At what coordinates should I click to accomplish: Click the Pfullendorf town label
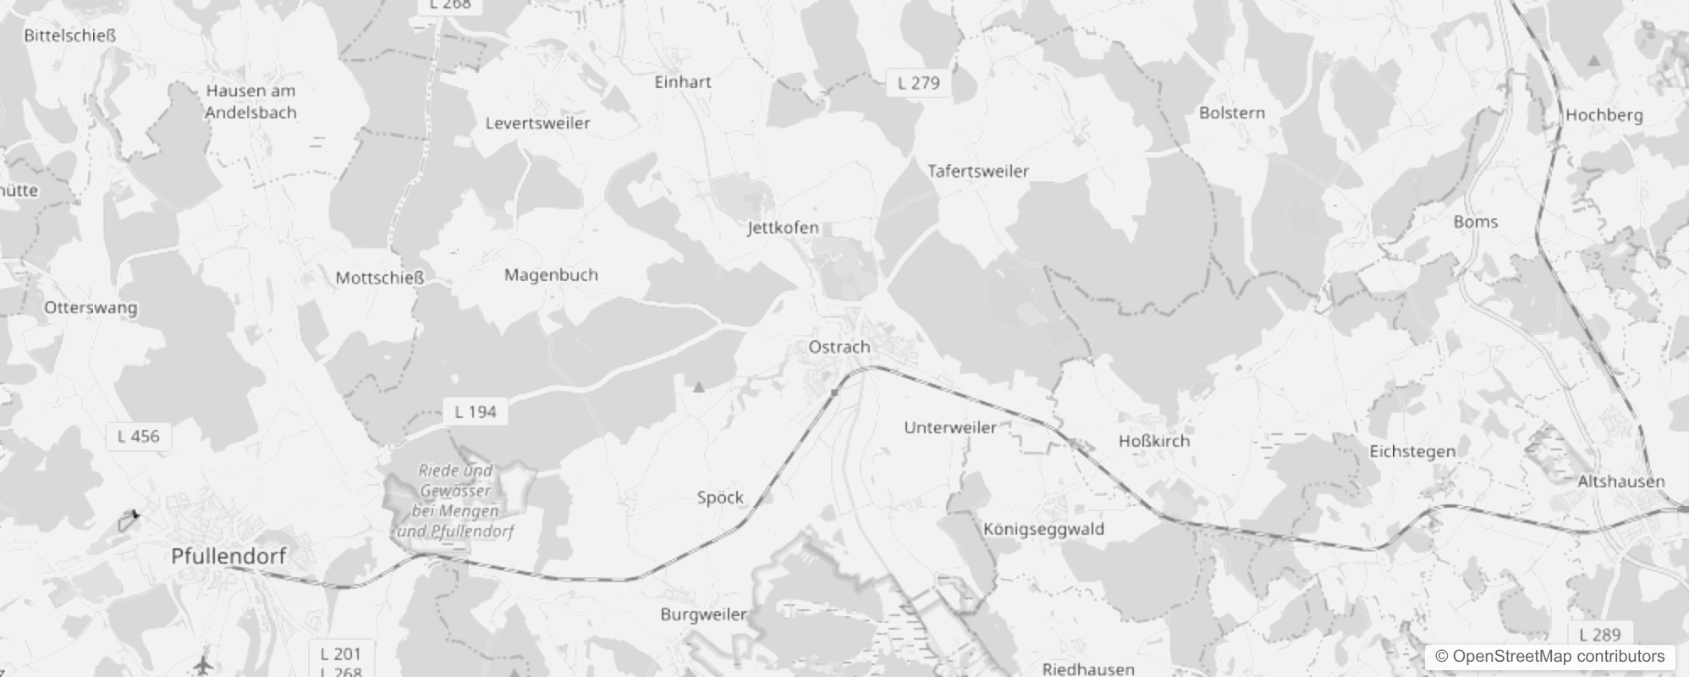tap(228, 556)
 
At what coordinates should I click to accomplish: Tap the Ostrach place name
tap(839, 347)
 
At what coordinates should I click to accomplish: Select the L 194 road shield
tap(475, 412)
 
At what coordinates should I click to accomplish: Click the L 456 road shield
tap(138, 437)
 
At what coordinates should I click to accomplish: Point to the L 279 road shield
tap(918, 83)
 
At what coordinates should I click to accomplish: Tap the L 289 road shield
tap(1599, 635)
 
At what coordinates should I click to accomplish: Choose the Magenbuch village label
tap(551, 275)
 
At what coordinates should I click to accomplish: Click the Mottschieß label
tap(379, 278)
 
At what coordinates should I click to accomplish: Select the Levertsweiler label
tap(537, 124)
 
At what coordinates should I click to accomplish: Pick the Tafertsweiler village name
tap(978, 171)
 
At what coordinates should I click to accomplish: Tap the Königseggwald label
tap(1043, 530)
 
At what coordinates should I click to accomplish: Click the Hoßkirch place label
tap(1153, 441)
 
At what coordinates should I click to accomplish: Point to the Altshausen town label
tap(1620, 482)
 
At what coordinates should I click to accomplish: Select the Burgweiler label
tap(703, 614)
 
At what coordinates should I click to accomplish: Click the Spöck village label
tap(720, 498)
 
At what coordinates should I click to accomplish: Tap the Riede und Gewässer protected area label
tap(455, 501)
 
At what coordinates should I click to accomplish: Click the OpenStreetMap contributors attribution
tap(1549, 657)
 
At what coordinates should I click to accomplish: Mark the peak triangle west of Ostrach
tap(699, 388)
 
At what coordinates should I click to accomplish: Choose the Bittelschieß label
tap(69, 36)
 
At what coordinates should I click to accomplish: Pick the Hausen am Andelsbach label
tap(250, 102)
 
